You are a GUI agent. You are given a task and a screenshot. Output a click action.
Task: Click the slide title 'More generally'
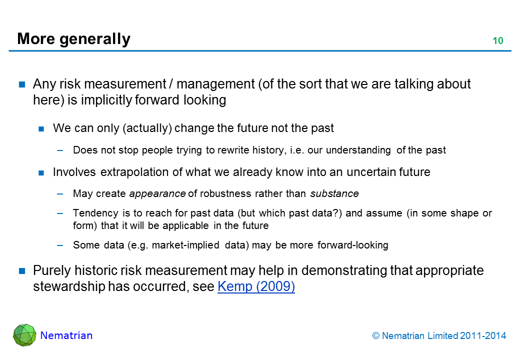click(x=73, y=39)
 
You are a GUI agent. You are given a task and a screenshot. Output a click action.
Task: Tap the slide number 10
click(x=498, y=41)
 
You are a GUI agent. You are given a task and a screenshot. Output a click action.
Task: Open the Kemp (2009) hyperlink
click(x=256, y=286)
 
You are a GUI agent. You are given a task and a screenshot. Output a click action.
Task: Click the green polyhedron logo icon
click(x=24, y=335)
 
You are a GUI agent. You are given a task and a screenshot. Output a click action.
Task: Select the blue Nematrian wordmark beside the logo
click(x=66, y=335)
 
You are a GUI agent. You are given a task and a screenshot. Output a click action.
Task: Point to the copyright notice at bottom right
click(x=439, y=336)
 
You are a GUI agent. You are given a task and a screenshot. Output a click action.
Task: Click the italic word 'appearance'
click(x=157, y=193)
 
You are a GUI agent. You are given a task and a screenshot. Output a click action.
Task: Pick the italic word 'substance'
click(x=334, y=193)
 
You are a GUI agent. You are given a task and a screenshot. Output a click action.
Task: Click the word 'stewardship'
click(x=68, y=286)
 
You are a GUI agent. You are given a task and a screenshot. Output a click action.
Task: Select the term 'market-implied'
click(x=185, y=245)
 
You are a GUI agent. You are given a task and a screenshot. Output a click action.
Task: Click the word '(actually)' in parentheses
click(x=147, y=128)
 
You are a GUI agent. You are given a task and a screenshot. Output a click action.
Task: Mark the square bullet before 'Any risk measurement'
click(x=22, y=84)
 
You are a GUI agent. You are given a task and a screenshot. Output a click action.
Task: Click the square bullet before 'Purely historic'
click(x=22, y=271)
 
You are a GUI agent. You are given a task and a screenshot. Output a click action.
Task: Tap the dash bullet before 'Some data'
click(x=60, y=245)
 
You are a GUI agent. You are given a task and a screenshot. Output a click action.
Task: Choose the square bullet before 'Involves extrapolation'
click(x=41, y=172)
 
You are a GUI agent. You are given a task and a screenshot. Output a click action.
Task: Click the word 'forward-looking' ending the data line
click(x=352, y=245)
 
